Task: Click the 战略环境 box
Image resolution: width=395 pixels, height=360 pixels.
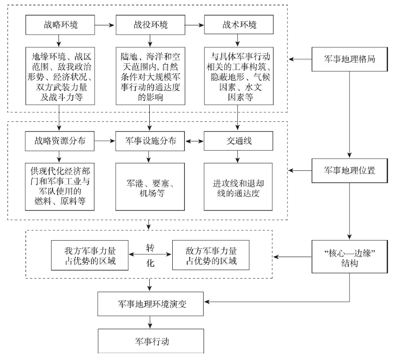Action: coord(60,25)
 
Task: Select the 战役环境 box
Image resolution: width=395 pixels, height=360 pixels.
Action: coord(150,25)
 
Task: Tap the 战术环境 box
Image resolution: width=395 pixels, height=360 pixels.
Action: coord(239,24)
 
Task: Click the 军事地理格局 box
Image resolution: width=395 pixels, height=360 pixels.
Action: coord(350,59)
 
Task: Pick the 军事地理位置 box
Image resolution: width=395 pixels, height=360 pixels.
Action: coord(350,170)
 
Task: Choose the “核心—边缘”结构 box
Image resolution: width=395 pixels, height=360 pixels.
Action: coord(350,257)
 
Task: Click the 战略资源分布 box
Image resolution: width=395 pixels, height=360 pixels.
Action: coord(60,141)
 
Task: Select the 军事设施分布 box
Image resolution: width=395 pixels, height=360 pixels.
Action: coord(150,141)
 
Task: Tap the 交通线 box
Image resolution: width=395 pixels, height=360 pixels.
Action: coord(238,141)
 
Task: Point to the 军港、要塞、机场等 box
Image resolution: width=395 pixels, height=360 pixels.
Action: coord(150,187)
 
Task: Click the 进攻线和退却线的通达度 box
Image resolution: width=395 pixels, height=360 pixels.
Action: coord(238,187)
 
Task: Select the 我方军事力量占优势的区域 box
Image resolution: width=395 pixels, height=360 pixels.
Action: coord(90,255)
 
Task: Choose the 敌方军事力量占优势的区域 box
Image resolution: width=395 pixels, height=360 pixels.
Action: coord(211,255)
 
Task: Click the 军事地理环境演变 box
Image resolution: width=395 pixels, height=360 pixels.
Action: coord(150,304)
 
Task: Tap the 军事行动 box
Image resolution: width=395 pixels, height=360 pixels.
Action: coord(151,341)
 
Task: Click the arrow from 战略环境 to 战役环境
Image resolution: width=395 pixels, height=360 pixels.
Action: coord(104,25)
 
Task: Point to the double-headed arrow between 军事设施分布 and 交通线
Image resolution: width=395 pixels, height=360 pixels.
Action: coord(195,141)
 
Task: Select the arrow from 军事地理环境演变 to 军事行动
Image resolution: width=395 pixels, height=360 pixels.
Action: coord(150,322)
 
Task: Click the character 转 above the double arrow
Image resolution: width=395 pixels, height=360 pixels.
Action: coord(150,248)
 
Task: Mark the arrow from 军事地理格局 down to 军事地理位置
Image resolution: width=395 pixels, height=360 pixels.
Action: coord(350,115)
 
